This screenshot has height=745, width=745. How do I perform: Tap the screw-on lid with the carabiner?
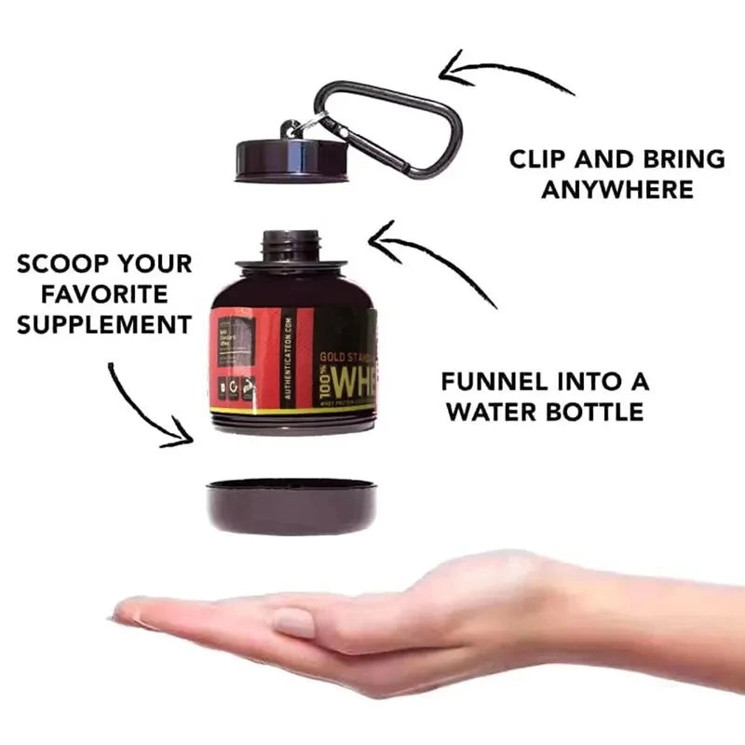click(x=291, y=160)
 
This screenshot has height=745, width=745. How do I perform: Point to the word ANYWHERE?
click(x=617, y=190)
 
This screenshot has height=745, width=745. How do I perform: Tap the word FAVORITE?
click(x=104, y=294)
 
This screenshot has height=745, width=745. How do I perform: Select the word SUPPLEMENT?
click(x=104, y=325)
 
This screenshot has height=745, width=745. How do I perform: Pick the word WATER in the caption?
click(x=494, y=412)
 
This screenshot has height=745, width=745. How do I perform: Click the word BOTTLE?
click(x=592, y=412)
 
